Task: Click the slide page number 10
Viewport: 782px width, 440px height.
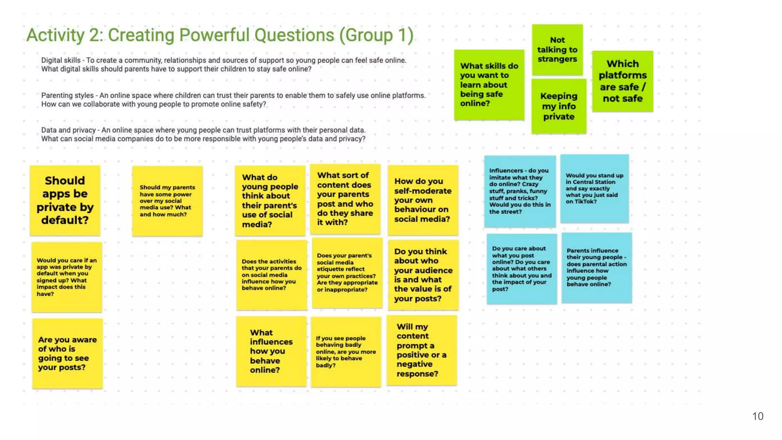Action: pyautogui.click(x=758, y=416)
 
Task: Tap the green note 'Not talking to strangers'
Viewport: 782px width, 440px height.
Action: pyautogui.click(x=557, y=50)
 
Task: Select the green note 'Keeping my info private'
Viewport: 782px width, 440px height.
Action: pyautogui.click(x=559, y=106)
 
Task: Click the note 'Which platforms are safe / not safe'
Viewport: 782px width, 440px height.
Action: pyautogui.click(x=622, y=81)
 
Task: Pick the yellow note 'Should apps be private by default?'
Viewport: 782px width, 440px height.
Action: pyautogui.click(x=65, y=201)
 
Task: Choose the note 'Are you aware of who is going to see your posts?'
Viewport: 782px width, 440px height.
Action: pyautogui.click(x=67, y=353)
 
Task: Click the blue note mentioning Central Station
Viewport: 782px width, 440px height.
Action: pyautogui.click(x=594, y=189)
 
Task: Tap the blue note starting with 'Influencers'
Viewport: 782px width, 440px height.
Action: pyautogui.click(x=520, y=191)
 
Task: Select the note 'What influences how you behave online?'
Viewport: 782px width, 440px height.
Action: pyautogui.click(x=271, y=351)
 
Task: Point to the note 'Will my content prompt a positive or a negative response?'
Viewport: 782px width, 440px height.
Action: pyautogui.click(x=422, y=350)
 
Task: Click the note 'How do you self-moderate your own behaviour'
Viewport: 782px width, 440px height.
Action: pyautogui.click(x=423, y=200)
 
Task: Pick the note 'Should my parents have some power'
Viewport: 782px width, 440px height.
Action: pyautogui.click(x=167, y=201)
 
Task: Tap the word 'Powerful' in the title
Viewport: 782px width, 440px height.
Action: pyautogui.click(x=215, y=35)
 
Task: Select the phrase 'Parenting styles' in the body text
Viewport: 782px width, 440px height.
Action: pyautogui.click(x=67, y=95)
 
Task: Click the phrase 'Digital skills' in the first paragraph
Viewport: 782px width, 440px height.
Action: pyautogui.click(x=61, y=60)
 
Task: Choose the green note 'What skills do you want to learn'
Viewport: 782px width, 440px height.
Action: pyautogui.click(x=489, y=85)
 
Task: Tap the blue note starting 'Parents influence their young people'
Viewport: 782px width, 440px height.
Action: pyautogui.click(x=596, y=268)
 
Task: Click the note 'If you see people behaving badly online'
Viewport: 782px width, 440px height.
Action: pyautogui.click(x=346, y=352)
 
